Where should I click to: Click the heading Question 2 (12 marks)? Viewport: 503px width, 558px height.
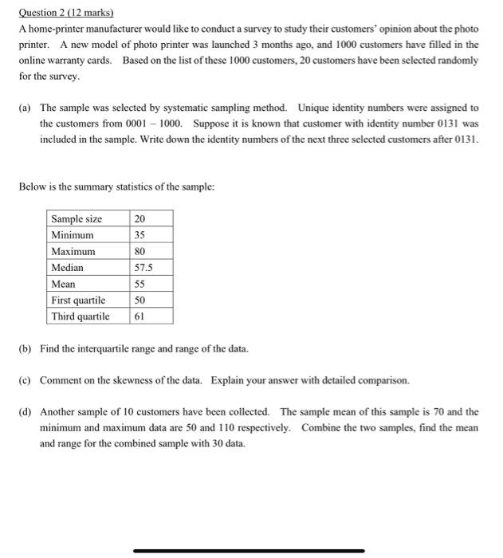point(66,13)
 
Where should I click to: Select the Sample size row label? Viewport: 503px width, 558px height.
point(77,219)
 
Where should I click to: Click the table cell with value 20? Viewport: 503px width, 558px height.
point(141,219)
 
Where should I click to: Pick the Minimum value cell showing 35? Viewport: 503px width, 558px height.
point(141,235)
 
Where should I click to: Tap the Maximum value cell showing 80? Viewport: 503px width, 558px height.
point(141,252)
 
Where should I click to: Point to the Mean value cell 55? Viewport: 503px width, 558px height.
point(141,284)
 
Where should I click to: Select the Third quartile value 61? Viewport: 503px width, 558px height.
point(140,316)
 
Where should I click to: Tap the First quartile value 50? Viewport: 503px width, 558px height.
point(141,301)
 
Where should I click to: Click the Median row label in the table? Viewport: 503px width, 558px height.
point(67,268)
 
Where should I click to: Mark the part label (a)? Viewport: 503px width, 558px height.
point(25,108)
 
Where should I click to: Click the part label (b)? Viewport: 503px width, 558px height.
point(25,349)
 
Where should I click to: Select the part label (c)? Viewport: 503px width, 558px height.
point(25,380)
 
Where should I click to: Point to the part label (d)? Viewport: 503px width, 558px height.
point(25,412)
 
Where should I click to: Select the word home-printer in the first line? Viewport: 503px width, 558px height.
point(53,29)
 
